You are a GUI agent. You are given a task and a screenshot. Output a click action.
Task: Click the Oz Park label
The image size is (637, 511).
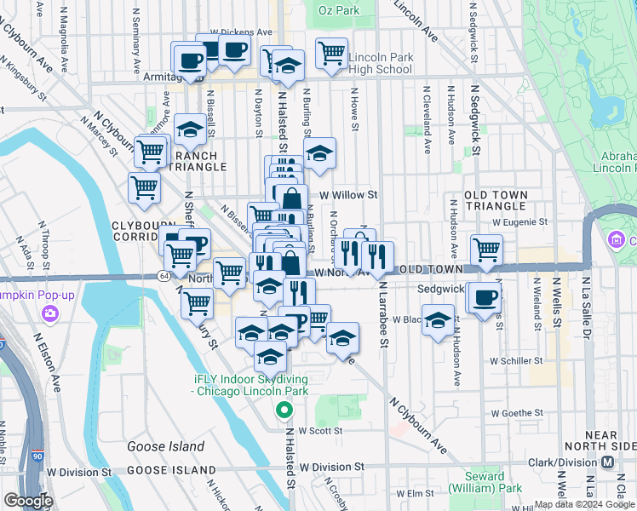click(x=339, y=10)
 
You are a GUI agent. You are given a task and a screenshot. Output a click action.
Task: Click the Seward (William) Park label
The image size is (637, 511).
click(x=493, y=483)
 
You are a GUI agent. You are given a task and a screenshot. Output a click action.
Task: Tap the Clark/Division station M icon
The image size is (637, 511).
click(x=608, y=462)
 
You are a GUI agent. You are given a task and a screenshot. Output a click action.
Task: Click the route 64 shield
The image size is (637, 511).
click(x=164, y=276)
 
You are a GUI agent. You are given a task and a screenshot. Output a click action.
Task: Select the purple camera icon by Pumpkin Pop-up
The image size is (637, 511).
click(x=50, y=313)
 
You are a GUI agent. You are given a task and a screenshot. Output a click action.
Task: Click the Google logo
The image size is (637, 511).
click(x=27, y=501)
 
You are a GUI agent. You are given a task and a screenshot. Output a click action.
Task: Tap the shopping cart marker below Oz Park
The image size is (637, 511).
click(x=331, y=53)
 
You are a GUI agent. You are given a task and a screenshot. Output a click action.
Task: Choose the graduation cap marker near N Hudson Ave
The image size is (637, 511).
click(x=438, y=321)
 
